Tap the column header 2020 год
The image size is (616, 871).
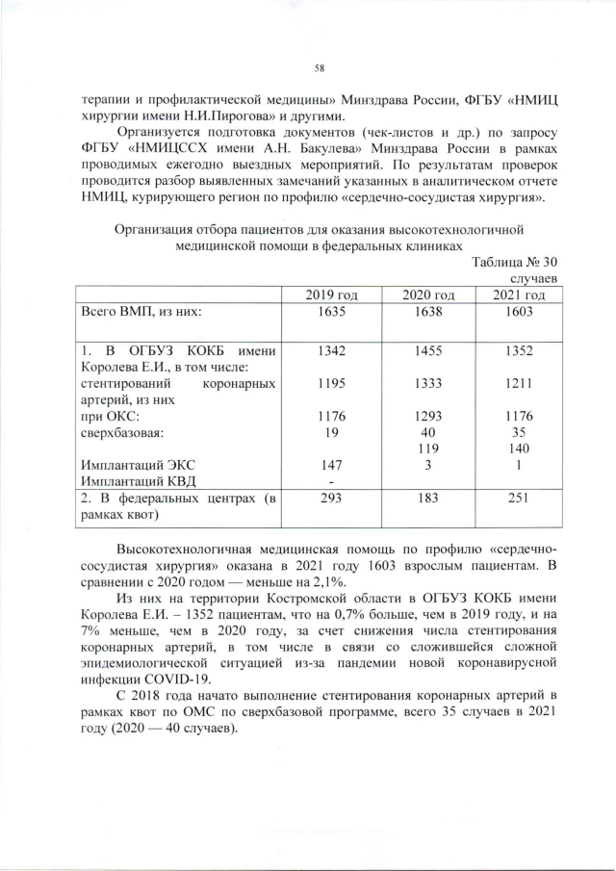coord(430,294)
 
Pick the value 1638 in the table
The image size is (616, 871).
coord(430,311)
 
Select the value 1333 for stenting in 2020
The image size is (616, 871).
coord(430,384)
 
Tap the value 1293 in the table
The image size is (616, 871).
coord(430,417)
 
